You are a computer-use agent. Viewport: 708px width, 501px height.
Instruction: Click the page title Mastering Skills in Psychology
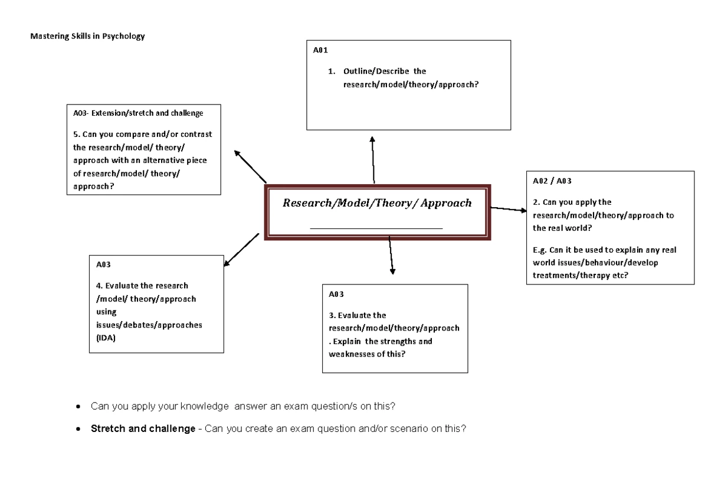tap(87, 37)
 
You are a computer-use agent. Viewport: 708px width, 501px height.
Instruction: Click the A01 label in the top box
tap(320, 51)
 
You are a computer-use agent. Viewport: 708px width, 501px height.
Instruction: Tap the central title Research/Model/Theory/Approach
tap(377, 203)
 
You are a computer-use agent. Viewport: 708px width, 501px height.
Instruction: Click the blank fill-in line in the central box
tap(376, 228)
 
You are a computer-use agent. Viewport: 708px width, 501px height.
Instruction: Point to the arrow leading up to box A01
tap(373, 159)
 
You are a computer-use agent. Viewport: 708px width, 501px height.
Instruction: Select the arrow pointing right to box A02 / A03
tap(509, 209)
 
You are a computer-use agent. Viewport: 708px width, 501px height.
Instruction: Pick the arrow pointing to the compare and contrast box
tap(251, 166)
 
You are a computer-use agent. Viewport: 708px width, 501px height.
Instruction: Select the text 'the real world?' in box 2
tap(562, 228)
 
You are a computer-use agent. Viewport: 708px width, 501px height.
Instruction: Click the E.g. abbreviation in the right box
tap(540, 250)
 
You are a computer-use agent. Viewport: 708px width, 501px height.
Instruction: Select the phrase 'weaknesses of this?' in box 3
tap(366, 354)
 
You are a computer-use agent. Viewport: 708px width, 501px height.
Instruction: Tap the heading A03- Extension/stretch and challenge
tap(137, 113)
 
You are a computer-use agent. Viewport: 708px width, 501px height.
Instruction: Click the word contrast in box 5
tap(195, 134)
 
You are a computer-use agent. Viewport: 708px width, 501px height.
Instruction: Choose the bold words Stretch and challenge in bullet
tap(142, 429)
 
